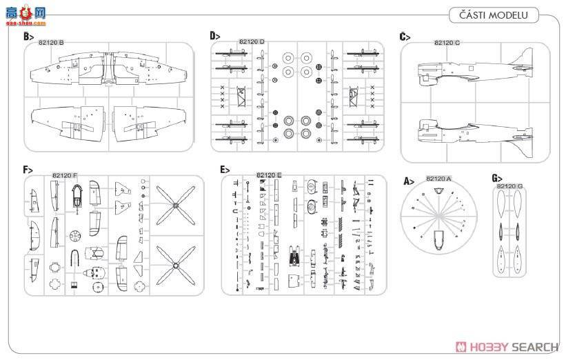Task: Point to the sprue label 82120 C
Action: (447, 43)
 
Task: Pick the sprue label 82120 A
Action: (438, 179)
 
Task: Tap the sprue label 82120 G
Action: (510, 186)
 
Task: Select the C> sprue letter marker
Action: (405, 37)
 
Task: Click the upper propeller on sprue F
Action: (178, 205)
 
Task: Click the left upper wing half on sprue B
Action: (65, 124)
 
